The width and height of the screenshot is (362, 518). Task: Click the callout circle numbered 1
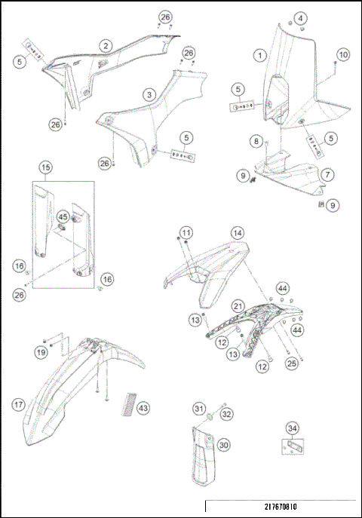click(x=260, y=55)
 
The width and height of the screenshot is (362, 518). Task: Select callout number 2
click(x=106, y=45)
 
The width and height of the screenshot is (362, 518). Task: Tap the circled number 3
click(x=149, y=95)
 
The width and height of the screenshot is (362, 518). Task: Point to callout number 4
click(x=300, y=18)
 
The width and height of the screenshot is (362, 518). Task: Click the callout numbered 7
click(x=327, y=174)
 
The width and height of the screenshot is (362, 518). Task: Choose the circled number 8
click(x=256, y=142)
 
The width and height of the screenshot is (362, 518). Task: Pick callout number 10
click(x=343, y=54)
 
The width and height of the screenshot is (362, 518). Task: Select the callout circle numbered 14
click(x=238, y=233)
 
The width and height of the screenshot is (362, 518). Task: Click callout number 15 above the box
click(x=45, y=167)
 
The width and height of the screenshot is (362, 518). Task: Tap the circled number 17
click(x=19, y=405)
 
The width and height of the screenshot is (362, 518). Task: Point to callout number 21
click(x=238, y=306)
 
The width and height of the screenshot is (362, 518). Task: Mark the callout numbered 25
click(x=292, y=363)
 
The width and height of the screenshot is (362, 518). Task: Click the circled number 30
click(x=223, y=445)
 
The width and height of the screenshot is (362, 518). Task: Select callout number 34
click(x=293, y=428)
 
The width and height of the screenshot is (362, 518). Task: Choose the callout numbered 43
click(x=143, y=408)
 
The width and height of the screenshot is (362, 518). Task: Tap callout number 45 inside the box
click(x=63, y=217)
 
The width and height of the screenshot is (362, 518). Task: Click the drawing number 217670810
click(x=281, y=507)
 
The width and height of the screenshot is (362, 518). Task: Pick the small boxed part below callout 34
click(x=293, y=446)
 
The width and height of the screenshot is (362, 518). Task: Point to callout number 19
click(x=41, y=352)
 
